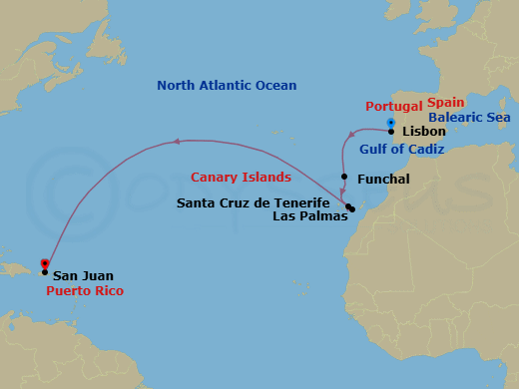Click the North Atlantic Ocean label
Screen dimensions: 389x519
(227, 85)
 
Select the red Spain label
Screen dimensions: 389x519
(445, 103)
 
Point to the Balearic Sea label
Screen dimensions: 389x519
(470, 118)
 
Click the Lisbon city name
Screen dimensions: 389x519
(423, 132)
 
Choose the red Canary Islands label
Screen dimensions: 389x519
(241, 178)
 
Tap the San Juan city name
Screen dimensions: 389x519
(83, 275)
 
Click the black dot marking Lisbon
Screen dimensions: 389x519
(391, 131)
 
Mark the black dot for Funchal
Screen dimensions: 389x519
(344, 178)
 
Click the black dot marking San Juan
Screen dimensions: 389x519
(45, 271)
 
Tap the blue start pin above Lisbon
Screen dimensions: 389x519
(390, 123)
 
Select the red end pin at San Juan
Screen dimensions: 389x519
(44, 264)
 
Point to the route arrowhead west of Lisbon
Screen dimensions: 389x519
(350, 134)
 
